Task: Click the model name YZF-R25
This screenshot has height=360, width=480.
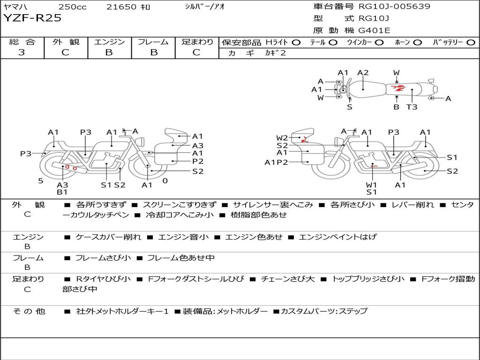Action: click(x=32, y=18)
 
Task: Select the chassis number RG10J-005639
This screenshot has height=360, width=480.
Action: click(x=394, y=6)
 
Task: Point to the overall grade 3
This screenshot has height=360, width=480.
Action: click(x=22, y=52)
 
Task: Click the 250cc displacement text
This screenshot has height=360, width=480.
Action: click(x=73, y=7)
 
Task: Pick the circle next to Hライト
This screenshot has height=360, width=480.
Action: click(x=296, y=43)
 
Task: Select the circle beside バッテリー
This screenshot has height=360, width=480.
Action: click(x=471, y=43)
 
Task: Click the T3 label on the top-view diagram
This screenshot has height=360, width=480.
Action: click(x=412, y=107)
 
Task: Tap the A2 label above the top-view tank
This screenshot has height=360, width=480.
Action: click(x=363, y=73)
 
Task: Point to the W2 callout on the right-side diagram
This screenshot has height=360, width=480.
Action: click(x=282, y=138)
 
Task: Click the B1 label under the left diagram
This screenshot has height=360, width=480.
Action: click(x=62, y=192)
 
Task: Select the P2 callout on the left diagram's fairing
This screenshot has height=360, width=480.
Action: click(x=198, y=161)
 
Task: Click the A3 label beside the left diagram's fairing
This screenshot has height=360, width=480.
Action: click(x=198, y=146)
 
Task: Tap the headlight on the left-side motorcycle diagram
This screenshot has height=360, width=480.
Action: click(x=141, y=142)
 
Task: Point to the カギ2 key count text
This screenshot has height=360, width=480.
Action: click(x=275, y=53)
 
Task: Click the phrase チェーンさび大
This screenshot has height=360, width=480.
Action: click(x=287, y=279)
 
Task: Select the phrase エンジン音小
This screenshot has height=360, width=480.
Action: click(x=183, y=237)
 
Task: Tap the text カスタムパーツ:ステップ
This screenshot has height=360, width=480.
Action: click(x=324, y=311)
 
